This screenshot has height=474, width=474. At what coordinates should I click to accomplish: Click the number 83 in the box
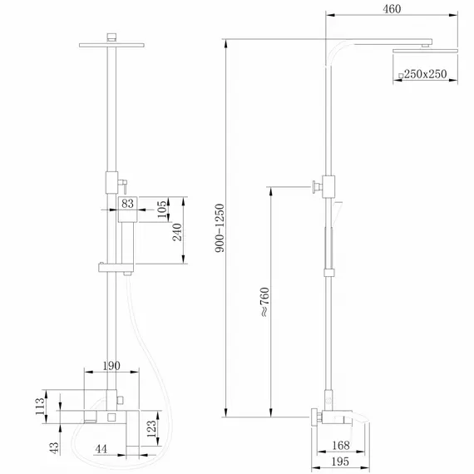point(128,202)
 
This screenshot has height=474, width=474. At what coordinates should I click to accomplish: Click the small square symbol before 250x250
point(401,76)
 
